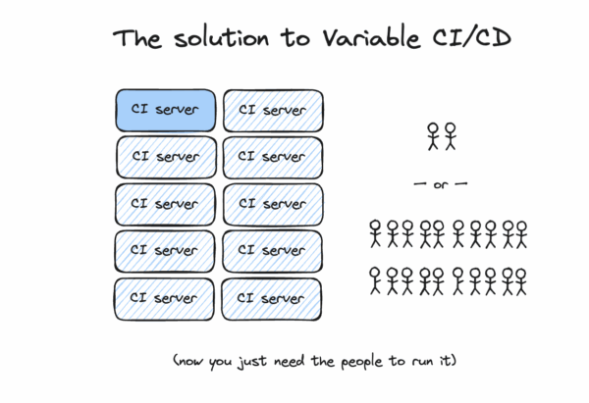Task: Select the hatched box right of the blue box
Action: [272, 110]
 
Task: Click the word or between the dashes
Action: [440, 183]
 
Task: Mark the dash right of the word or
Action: [459, 183]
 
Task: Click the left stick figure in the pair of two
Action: [433, 135]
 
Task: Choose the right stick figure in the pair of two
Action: [450, 135]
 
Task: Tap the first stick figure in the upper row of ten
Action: [375, 233]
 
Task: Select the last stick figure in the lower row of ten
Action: [520, 281]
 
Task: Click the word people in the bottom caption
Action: [347, 362]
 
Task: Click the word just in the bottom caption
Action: [245, 362]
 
